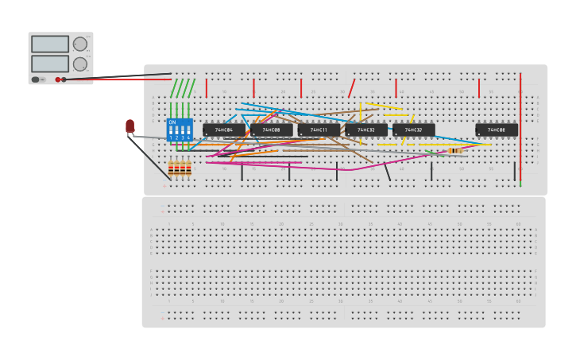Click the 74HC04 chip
tap(224, 130)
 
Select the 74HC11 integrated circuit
tap(319, 130)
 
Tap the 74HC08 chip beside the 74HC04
tap(272, 130)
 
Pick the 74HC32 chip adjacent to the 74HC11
tap(366, 130)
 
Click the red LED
tap(130, 126)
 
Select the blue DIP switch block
tap(180, 130)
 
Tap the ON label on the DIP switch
tap(172, 122)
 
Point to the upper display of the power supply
tap(50, 45)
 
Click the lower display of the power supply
tap(50, 64)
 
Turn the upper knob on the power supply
tap(80, 45)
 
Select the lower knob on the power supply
tap(80, 64)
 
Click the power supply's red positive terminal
tap(58, 79)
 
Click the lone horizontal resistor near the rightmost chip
tap(455, 150)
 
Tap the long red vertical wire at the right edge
tap(520, 127)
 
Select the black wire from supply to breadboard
tap(119, 76)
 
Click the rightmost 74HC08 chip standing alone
tap(497, 130)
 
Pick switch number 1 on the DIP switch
tap(170, 130)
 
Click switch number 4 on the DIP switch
tap(188, 130)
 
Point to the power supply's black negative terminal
tap(64, 79)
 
